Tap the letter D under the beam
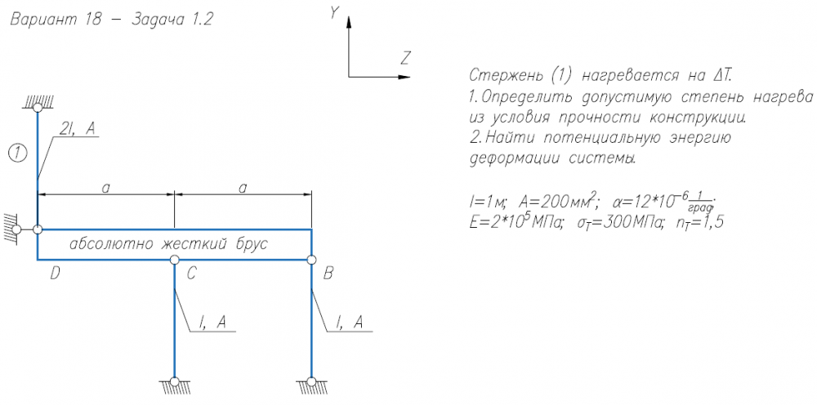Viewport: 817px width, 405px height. pos(55,274)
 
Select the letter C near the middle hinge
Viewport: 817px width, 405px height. pos(190,274)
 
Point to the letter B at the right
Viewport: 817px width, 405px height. pos(328,274)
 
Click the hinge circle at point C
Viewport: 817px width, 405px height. pos(175,260)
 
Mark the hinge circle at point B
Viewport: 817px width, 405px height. pos(311,260)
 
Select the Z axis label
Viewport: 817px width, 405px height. pos(405,57)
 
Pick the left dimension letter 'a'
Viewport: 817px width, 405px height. pos(105,187)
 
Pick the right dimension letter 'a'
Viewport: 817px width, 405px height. pos(243,187)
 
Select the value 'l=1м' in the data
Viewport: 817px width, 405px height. pos(489,202)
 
